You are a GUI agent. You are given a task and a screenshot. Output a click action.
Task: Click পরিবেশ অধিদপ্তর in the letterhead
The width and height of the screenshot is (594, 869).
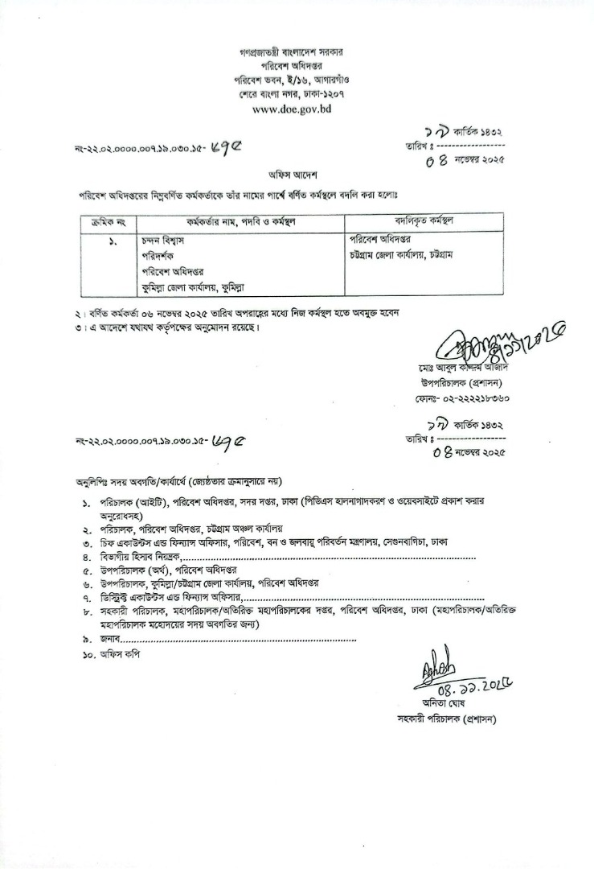coord(297,67)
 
